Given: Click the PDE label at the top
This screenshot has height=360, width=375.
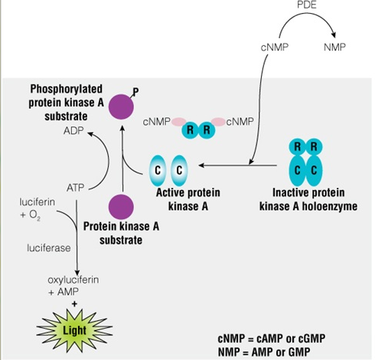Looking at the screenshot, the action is click(x=307, y=5).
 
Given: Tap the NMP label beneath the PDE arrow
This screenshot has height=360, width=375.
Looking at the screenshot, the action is click(x=334, y=47).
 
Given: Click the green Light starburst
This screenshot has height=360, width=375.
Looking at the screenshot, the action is click(x=74, y=330).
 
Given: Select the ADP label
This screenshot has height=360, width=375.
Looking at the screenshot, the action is click(x=73, y=131).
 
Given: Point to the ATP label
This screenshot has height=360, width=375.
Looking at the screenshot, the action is click(x=75, y=188).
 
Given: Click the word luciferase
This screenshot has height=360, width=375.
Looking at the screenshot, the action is click(x=49, y=248).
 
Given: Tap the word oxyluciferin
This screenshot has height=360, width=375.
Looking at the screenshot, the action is click(x=73, y=280).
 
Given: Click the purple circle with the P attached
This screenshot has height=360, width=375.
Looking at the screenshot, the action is click(x=121, y=106).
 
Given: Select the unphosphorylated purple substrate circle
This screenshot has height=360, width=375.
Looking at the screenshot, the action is click(x=121, y=207).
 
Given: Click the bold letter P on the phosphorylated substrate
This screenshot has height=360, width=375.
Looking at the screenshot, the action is click(x=135, y=91).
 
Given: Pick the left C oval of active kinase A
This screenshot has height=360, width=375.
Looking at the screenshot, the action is click(x=158, y=170).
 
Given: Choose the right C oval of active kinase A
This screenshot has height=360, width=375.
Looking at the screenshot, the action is click(x=179, y=170).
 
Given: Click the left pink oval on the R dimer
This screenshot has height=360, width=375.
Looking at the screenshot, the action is click(x=179, y=122).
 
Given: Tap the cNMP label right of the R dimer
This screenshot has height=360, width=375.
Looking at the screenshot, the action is click(x=240, y=122).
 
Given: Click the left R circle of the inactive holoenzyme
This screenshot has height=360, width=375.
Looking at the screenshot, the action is click(x=297, y=147).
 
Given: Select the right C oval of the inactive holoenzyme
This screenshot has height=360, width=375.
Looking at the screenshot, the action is click(x=314, y=170).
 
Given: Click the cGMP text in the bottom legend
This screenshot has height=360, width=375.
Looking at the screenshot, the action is click(x=311, y=339).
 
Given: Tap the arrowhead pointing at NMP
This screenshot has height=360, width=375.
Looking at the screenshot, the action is click(x=333, y=34).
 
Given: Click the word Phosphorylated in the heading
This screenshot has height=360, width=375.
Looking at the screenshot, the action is click(x=67, y=89).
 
